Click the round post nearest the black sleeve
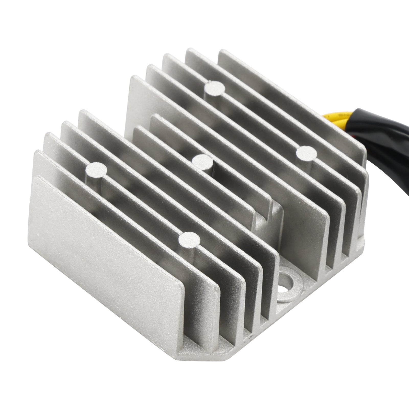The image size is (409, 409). coord(306,153)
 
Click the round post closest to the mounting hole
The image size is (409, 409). coord(189,240)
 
